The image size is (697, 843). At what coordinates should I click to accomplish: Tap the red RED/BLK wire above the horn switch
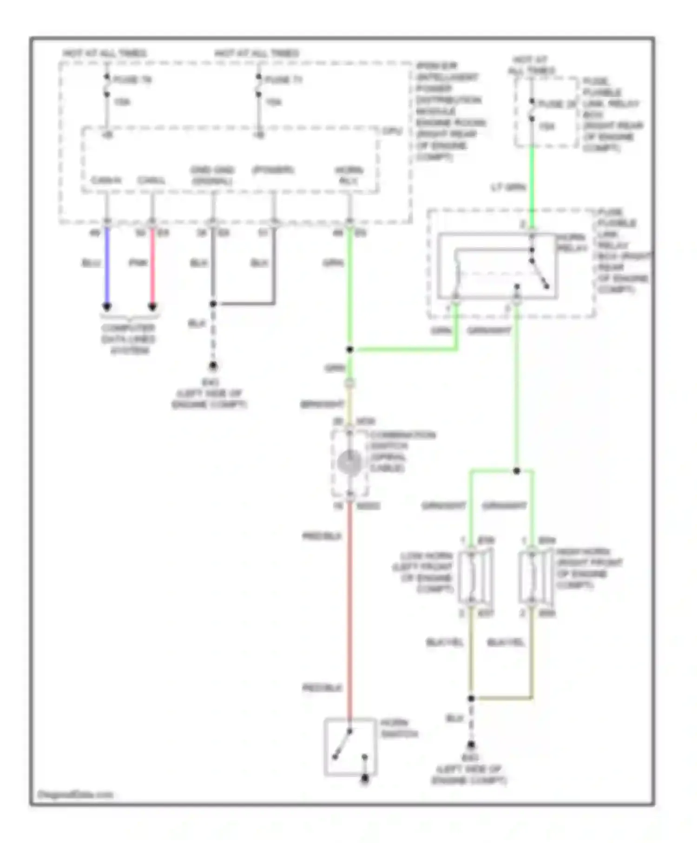349,613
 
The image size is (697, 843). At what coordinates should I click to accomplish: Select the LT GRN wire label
508,187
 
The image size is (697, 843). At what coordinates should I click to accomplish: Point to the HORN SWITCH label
399,728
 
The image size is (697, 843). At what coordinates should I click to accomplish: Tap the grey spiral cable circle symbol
349,463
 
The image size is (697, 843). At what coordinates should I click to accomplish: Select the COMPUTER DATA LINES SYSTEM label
129,339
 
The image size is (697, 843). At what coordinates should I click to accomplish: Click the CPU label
392,132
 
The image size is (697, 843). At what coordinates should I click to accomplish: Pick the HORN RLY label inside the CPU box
349,175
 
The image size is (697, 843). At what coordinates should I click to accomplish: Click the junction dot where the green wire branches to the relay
350,349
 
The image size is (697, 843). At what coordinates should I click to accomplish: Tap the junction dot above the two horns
517,471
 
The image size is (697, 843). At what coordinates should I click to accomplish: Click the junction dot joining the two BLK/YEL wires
471,698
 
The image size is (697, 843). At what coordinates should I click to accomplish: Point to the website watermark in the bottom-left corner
75,795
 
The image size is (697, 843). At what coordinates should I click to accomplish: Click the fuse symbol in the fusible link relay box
532,110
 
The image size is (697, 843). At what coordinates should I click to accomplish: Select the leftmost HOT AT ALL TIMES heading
105,53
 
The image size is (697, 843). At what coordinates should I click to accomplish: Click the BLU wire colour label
91,263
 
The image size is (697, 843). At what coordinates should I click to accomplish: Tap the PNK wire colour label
138,263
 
